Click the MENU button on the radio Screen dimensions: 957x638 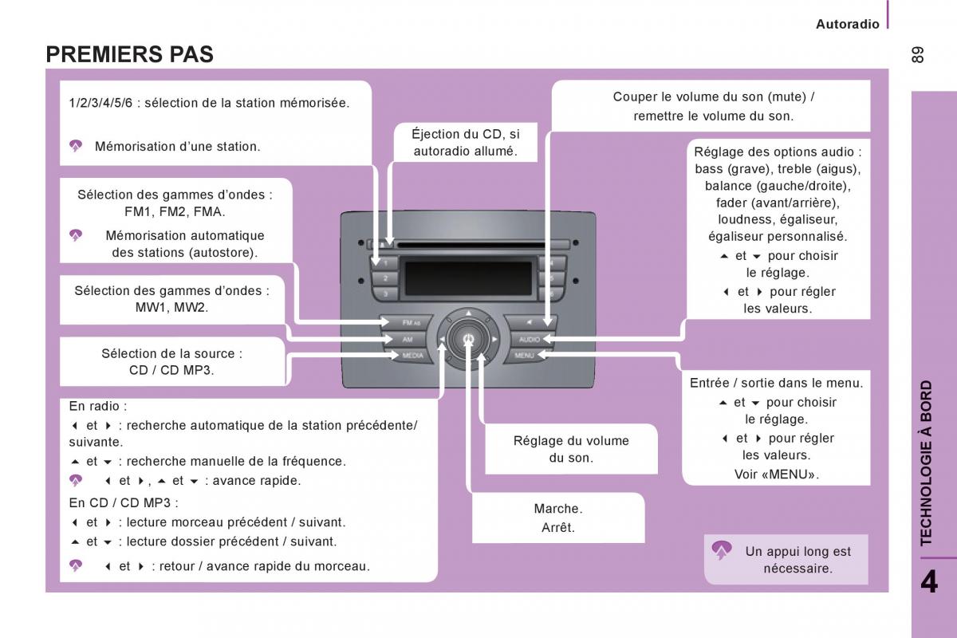[x=525, y=356]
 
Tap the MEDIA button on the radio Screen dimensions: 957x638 [x=411, y=356]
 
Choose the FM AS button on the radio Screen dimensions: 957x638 [x=408, y=323]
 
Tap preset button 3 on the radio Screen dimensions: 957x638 [x=385, y=293]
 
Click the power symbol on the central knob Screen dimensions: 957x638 [x=468, y=339]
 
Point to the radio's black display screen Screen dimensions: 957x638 [x=468, y=278]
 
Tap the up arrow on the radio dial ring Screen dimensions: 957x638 [x=468, y=313]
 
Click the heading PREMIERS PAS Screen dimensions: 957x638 [x=129, y=54]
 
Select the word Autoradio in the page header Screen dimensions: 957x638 [x=847, y=24]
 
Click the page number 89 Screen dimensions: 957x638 [x=917, y=55]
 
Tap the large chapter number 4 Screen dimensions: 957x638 [x=929, y=581]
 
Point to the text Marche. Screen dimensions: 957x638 [x=558, y=509]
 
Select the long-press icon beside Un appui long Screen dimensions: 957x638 [x=722, y=550]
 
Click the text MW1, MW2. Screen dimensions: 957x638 [x=171, y=308]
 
